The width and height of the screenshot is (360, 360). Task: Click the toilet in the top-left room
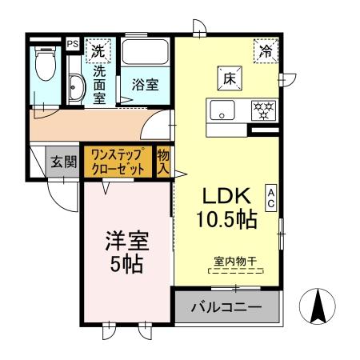[x=44, y=66]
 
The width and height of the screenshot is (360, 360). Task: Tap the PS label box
[x=72, y=45]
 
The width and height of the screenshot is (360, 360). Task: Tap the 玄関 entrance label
[x=64, y=162]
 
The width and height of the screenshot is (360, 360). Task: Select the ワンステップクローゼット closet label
[x=118, y=162]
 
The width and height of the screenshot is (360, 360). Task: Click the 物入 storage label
[x=163, y=162]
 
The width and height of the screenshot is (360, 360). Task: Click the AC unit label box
[x=271, y=198]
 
